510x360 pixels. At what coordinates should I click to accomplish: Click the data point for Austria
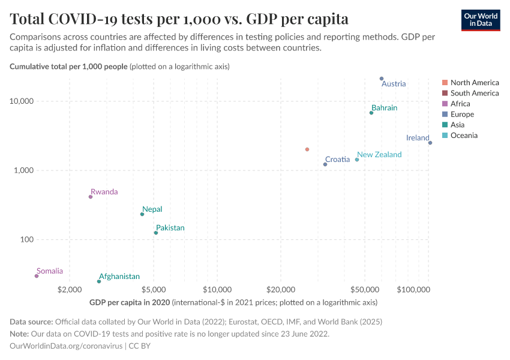coord(382,79)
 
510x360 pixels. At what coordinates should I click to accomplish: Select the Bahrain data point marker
coord(371,113)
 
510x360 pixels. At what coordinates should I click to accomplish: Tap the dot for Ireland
coord(430,143)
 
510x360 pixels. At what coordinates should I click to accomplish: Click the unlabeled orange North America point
coord(307,149)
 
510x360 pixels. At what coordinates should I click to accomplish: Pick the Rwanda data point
coord(91,197)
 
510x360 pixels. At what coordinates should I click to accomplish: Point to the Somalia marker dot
coord(37,276)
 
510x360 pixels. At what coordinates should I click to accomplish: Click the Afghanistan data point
coord(99,281)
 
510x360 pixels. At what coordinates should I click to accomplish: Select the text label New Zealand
coord(379,155)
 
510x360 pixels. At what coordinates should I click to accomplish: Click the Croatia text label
coord(337,160)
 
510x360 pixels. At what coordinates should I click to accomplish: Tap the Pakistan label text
coord(170,228)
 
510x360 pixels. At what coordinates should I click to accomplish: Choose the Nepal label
coord(152,209)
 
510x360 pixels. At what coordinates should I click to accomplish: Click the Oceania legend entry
coord(464,136)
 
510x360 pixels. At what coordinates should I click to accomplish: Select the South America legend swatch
coord(445,93)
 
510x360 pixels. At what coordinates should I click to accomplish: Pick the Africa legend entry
coord(460,104)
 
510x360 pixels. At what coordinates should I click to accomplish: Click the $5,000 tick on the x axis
coord(154,290)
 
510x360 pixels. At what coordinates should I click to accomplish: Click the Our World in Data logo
coord(481,20)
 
